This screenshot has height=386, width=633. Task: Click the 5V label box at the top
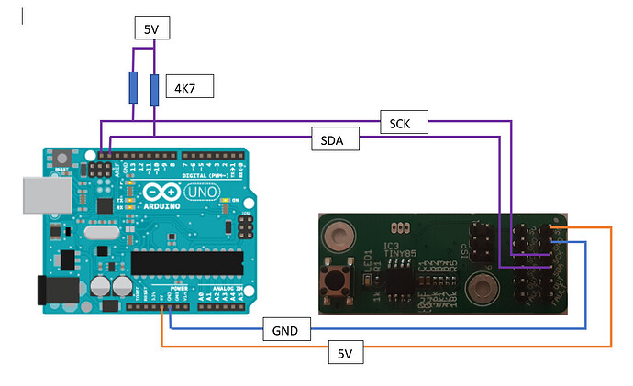(x=151, y=28)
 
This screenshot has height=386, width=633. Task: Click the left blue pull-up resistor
(x=134, y=88)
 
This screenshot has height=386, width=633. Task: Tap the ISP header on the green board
(x=479, y=237)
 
